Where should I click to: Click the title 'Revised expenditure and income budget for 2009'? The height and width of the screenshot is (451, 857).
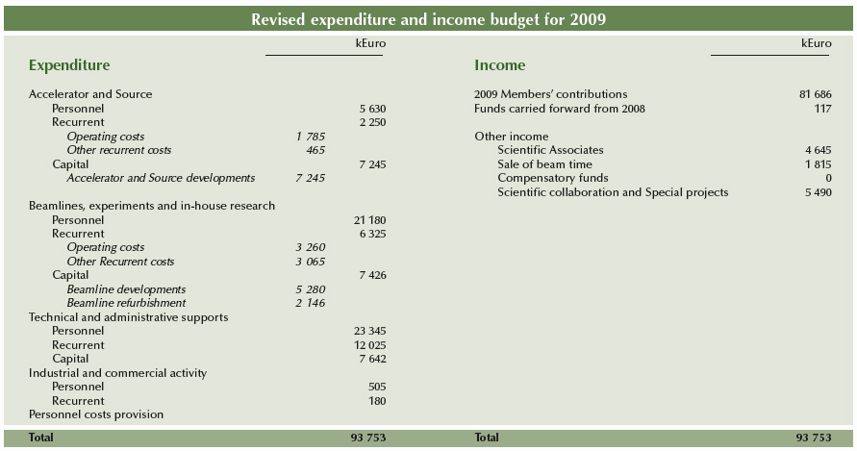point(428,19)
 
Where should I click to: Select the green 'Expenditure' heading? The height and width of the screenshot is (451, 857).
point(69,65)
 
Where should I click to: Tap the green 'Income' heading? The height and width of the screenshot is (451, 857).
point(500,65)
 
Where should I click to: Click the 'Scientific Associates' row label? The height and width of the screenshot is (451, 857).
point(550,150)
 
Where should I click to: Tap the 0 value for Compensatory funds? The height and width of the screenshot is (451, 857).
point(828,178)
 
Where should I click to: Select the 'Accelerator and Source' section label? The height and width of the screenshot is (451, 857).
point(90,94)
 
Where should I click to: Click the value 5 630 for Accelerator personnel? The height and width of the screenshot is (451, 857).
point(371,109)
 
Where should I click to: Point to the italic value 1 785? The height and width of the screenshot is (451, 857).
point(311,137)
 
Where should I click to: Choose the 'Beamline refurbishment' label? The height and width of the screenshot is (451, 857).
point(126,303)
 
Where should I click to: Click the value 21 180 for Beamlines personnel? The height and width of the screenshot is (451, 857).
point(369,220)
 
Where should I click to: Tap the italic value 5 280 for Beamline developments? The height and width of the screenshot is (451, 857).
point(311,289)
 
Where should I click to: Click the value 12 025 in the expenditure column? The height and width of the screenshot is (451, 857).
point(369,345)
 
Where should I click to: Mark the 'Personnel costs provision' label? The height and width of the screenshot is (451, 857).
point(96,414)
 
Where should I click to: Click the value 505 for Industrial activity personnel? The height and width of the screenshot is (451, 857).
point(376,387)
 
